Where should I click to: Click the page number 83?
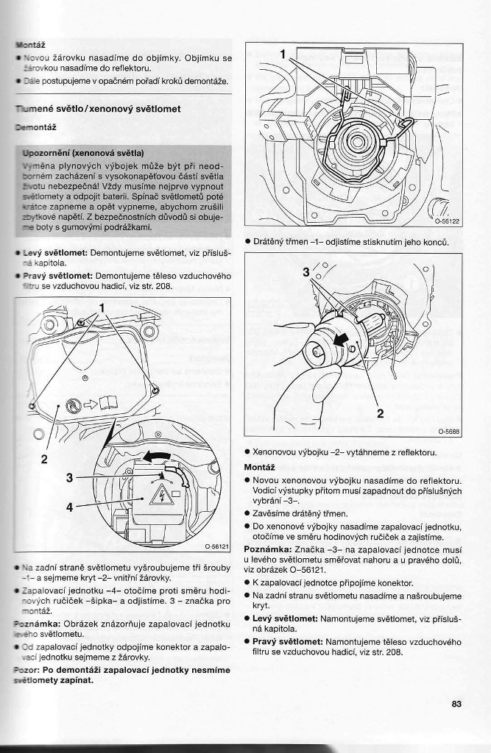[x=456, y=704]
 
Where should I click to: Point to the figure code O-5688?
[x=449, y=432]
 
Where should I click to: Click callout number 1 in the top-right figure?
[x=282, y=54]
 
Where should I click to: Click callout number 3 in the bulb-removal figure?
[x=307, y=272]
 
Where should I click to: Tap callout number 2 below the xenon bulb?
[x=380, y=413]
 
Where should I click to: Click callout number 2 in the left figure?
[x=44, y=460]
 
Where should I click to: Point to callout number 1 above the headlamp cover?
[x=102, y=307]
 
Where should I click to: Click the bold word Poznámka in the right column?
[x=266, y=549]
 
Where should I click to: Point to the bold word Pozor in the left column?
[x=27, y=670]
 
